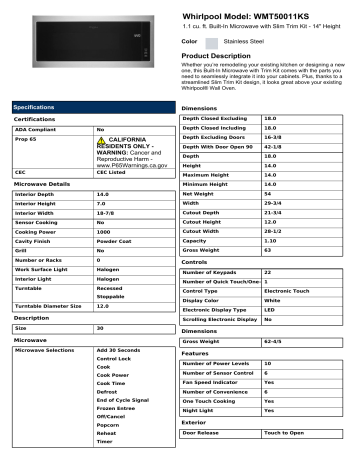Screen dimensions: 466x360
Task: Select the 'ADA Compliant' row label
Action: coord(34,130)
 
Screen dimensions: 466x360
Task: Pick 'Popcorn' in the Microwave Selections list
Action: coord(109,424)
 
